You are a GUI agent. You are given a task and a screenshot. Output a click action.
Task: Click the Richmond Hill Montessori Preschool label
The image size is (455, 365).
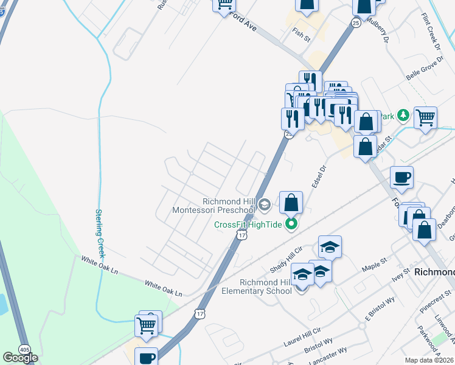pos(227,206)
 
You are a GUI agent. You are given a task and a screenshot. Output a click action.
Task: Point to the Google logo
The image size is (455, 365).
pos(20,357)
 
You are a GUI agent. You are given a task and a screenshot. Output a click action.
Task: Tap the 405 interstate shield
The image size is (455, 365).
pos(24,349)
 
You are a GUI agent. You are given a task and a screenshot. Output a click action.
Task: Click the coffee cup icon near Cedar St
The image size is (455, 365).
pos(401,178)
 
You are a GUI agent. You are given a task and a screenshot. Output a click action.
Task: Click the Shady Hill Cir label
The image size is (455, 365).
pos(285,262)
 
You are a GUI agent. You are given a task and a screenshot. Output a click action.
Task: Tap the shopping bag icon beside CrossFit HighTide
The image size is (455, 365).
pos(291,202)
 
